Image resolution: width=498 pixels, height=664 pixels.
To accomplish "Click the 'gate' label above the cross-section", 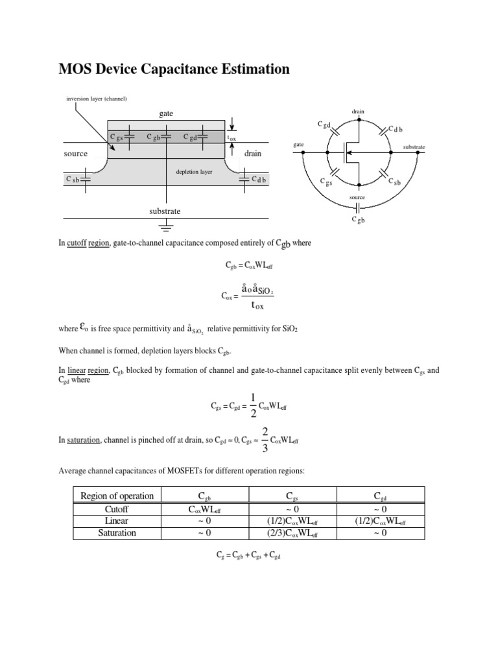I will point(167,113).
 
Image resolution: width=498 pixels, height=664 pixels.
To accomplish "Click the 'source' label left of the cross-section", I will point(76,154).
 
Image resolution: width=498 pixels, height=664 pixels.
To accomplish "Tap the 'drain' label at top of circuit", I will point(358,112).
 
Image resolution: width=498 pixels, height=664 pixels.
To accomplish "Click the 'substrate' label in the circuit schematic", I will point(414,147).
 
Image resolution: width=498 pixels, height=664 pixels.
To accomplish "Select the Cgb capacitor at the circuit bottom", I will point(358,207).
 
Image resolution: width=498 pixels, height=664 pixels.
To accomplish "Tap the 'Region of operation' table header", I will point(117,496).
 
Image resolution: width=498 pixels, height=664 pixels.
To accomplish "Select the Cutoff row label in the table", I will point(117,509).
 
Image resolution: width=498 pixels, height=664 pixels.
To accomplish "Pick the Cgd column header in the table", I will point(381,497).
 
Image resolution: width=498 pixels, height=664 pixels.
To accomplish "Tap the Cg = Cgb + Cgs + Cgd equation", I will point(248,556).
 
